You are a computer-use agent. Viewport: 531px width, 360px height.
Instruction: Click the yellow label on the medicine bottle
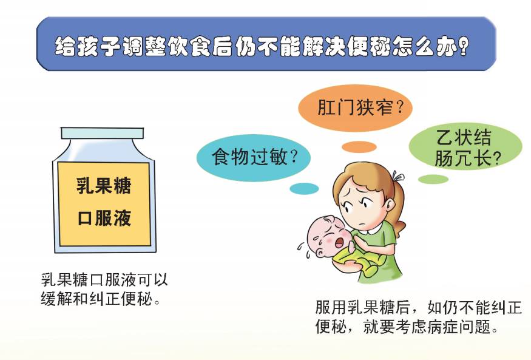(x=103, y=202)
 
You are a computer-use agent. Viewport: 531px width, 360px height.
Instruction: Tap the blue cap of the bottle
(x=103, y=133)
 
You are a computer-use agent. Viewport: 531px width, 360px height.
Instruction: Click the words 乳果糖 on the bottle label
(x=103, y=186)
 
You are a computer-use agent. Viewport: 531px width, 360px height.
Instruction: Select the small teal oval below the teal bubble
(x=304, y=189)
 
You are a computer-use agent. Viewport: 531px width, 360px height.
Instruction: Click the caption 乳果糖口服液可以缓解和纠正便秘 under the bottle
(x=104, y=289)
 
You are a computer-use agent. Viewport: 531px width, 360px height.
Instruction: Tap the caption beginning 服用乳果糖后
(x=419, y=316)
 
